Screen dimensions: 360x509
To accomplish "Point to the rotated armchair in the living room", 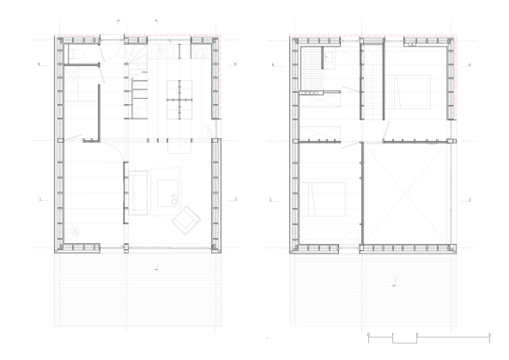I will pos(184,220).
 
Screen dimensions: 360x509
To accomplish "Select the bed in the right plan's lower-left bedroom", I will pos(324,199).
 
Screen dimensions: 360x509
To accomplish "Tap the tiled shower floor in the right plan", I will pos(311,88).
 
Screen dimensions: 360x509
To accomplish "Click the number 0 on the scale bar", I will pos(367,333).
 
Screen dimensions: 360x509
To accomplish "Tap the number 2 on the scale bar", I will pos(416,333).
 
